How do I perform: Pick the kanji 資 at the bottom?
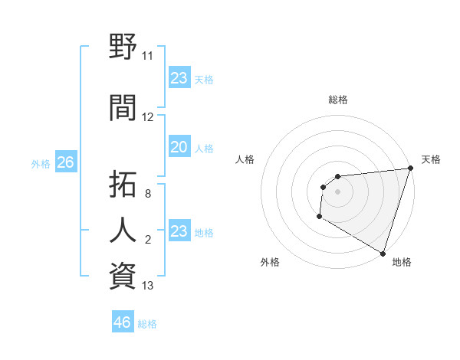coord(123,274)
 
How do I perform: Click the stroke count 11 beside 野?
coord(148,56)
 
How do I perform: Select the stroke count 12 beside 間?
coord(148,117)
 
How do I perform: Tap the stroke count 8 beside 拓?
coord(148,195)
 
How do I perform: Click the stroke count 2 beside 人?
coord(148,241)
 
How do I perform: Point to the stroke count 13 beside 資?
coord(148,286)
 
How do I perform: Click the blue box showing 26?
coord(66,162)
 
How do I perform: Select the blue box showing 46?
coord(123,322)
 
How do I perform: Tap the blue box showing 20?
coord(179,147)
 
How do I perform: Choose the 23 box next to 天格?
coord(179,78)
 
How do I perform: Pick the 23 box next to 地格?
coord(179,231)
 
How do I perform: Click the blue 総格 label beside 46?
coord(147,324)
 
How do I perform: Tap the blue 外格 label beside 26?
coord(41,164)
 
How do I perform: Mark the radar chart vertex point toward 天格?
coord(410,169)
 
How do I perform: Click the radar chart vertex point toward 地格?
coord(382,253)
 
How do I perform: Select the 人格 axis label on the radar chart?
coord(245,159)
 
